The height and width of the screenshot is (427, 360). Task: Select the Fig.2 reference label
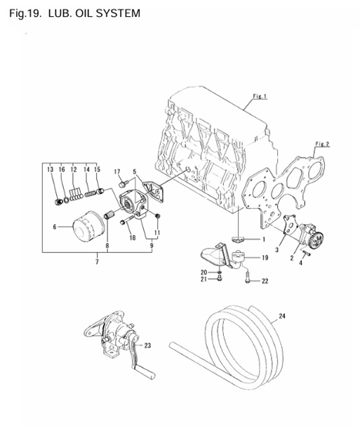point(322,144)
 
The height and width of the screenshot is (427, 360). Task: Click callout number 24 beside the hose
point(281,317)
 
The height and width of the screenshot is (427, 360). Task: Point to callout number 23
point(148,345)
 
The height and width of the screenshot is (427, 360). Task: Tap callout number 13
point(51,170)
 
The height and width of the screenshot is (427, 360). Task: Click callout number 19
point(265,258)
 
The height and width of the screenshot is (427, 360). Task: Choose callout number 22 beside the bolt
point(265,282)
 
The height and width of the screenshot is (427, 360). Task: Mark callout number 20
point(204,272)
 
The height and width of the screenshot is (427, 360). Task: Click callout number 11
point(157,231)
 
